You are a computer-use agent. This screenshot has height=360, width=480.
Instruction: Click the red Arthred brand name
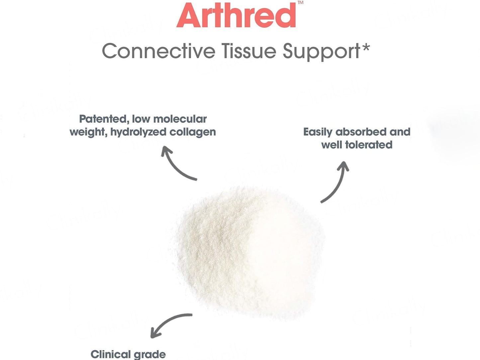(x=236, y=15)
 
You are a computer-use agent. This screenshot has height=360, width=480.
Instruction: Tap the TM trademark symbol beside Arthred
(x=300, y=3)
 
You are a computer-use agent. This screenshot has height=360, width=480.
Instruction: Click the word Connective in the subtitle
(x=159, y=51)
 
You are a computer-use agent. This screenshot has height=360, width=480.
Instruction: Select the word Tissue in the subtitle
(x=249, y=51)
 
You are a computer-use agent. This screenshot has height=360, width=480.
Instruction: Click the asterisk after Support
(x=365, y=47)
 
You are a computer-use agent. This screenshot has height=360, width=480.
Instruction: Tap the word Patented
(x=103, y=119)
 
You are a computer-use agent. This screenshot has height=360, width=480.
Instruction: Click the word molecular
(x=180, y=119)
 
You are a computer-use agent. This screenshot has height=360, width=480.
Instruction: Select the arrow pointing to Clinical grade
(x=167, y=321)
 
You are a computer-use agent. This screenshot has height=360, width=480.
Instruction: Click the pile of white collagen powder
(x=247, y=251)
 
